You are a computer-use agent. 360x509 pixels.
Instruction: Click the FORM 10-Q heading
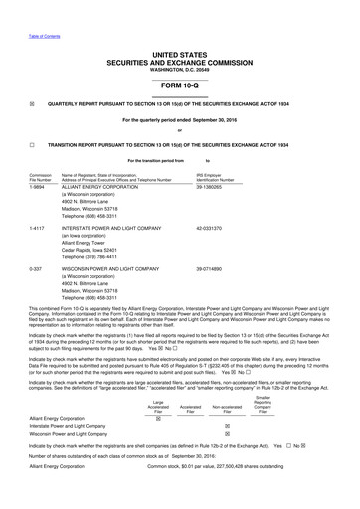pyautogui.click(x=180, y=84)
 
